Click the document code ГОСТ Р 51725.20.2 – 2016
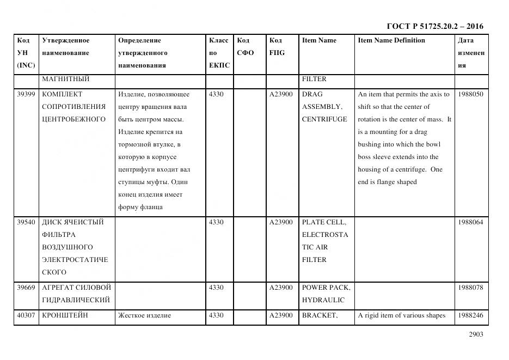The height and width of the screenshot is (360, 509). click(x=434, y=26)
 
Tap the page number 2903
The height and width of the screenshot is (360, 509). click(x=475, y=334)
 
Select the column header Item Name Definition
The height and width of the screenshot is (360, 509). click(x=391, y=40)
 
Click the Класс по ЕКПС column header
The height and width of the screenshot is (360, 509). click(x=219, y=53)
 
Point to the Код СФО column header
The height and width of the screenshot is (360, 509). click(x=245, y=47)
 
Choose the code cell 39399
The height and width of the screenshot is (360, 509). click(x=26, y=94)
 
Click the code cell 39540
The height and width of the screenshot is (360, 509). click(x=26, y=222)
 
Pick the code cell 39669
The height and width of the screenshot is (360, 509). click(x=26, y=288)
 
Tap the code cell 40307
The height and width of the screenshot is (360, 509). click(x=26, y=315)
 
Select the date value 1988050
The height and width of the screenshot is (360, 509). click(x=470, y=94)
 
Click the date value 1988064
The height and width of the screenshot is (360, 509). click(x=470, y=222)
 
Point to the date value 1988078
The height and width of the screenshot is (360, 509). click(x=470, y=288)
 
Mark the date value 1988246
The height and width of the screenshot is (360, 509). click(x=470, y=315)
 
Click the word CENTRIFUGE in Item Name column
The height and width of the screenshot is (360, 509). click(x=324, y=119)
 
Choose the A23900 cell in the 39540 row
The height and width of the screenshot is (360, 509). click(x=281, y=222)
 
